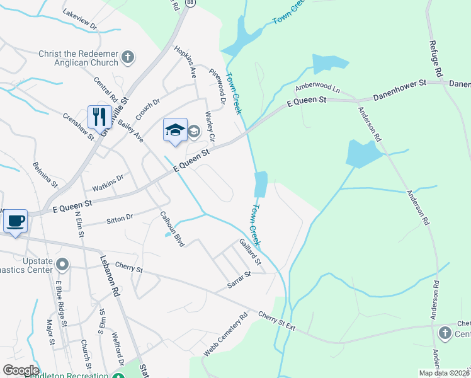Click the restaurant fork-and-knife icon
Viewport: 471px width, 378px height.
(99, 117)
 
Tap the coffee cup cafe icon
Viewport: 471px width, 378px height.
(15, 221)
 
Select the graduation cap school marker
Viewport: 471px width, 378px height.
(175, 130)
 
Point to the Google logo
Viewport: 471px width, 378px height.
(21, 370)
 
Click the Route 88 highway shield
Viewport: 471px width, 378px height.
(190, 3)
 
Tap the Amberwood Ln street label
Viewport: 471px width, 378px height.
(317, 88)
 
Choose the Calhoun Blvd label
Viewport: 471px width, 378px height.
(171, 227)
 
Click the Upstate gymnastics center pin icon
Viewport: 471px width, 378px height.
(62, 263)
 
